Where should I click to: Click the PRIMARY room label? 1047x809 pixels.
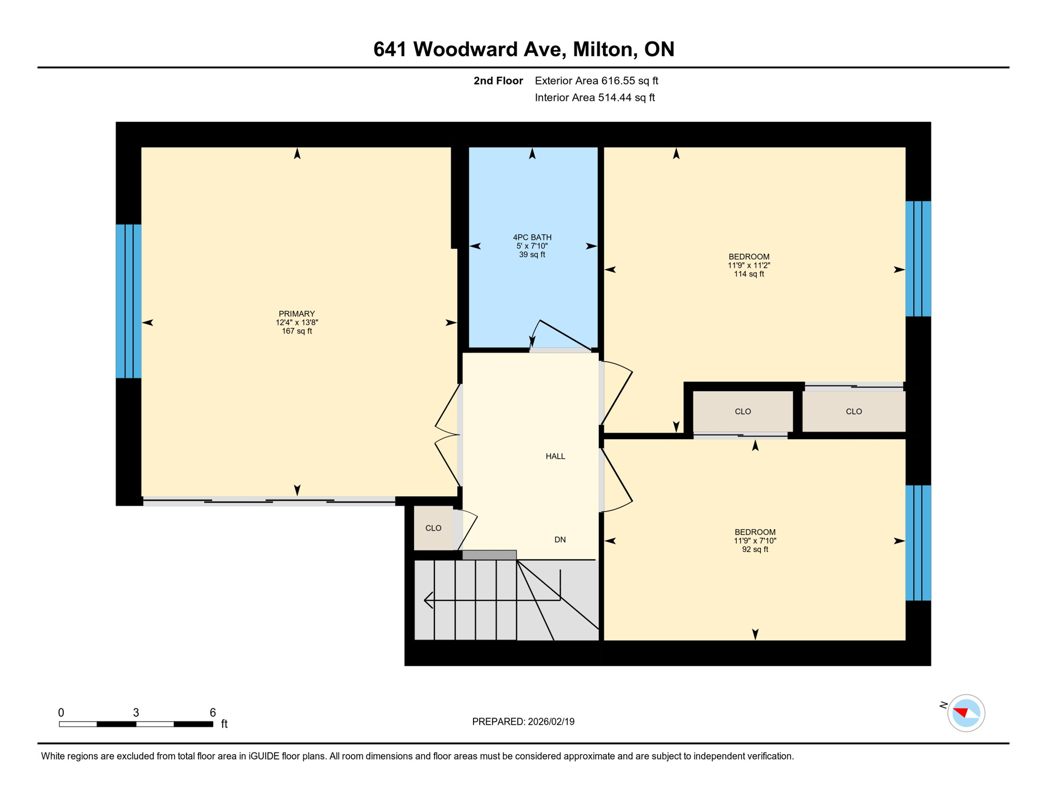point(297,314)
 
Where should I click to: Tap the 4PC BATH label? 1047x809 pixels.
point(532,238)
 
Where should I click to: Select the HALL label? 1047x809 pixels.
point(555,457)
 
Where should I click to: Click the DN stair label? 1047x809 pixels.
point(560,540)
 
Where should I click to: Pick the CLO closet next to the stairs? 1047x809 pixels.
point(433,528)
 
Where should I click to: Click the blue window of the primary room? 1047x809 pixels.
point(129,301)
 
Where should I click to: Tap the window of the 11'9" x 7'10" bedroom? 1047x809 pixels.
point(918,543)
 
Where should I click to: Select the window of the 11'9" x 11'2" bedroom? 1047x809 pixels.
point(918,259)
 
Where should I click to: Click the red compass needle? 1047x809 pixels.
point(961,713)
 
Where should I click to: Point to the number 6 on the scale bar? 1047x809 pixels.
point(213,713)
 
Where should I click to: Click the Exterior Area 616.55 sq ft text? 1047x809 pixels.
point(596,81)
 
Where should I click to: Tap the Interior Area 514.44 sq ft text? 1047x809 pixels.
point(595,97)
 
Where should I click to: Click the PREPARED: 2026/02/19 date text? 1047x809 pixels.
point(523,722)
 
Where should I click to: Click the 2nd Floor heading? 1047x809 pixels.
point(498,81)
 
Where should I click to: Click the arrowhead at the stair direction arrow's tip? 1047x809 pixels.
point(427,600)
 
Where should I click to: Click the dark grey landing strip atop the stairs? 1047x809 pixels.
point(489,555)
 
